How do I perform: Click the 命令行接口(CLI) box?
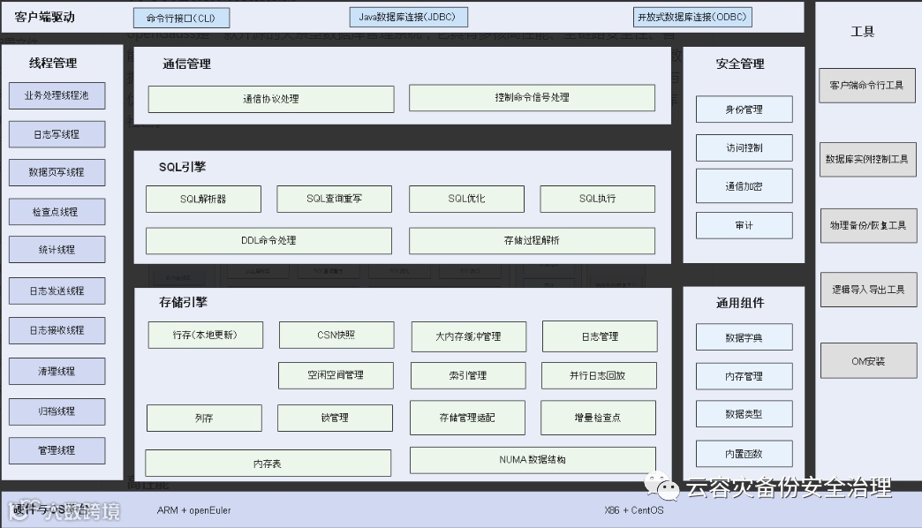click(181, 18)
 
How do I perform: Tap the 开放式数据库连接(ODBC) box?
click(692, 17)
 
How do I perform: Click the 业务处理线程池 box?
click(57, 95)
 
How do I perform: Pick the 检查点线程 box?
click(57, 212)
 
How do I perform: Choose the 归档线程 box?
click(57, 411)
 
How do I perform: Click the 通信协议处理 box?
click(270, 99)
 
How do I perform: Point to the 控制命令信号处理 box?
click(532, 98)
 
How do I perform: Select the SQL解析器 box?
click(203, 199)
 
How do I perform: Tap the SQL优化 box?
click(466, 199)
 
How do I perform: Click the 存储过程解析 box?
click(532, 240)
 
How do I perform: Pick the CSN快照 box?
click(336, 336)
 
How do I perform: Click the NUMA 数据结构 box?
click(533, 460)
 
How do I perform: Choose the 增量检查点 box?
click(598, 418)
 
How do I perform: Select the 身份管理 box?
click(744, 109)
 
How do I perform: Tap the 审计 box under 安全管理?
click(744, 225)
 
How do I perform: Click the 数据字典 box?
click(744, 337)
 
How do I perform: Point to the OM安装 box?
click(867, 361)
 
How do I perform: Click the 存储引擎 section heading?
click(183, 302)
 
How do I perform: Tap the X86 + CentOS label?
click(633, 510)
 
